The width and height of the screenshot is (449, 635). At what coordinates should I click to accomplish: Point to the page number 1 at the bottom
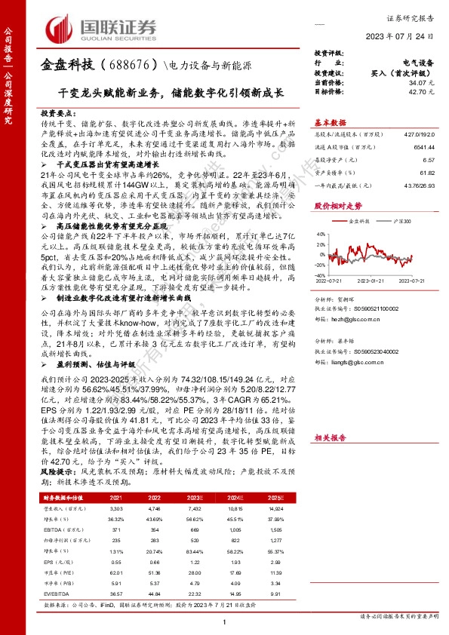225,620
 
